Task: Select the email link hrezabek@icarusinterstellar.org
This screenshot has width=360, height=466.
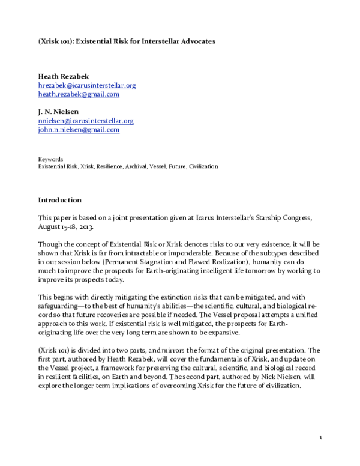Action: pyautogui.click(x=86, y=85)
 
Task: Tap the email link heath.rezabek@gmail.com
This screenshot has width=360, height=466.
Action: pyautogui.click(x=79, y=94)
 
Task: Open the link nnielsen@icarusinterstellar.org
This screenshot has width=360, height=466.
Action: pyautogui.click(x=85, y=120)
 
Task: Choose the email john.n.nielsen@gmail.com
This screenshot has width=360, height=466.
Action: pyautogui.click(x=79, y=129)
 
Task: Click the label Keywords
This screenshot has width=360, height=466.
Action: pyautogui.click(x=50, y=159)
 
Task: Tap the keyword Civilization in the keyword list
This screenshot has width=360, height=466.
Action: pyautogui.click(x=203, y=166)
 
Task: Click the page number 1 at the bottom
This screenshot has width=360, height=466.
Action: pyautogui.click(x=321, y=437)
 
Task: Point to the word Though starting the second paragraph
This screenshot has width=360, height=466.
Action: pyautogui.click(x=49, y=244)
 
